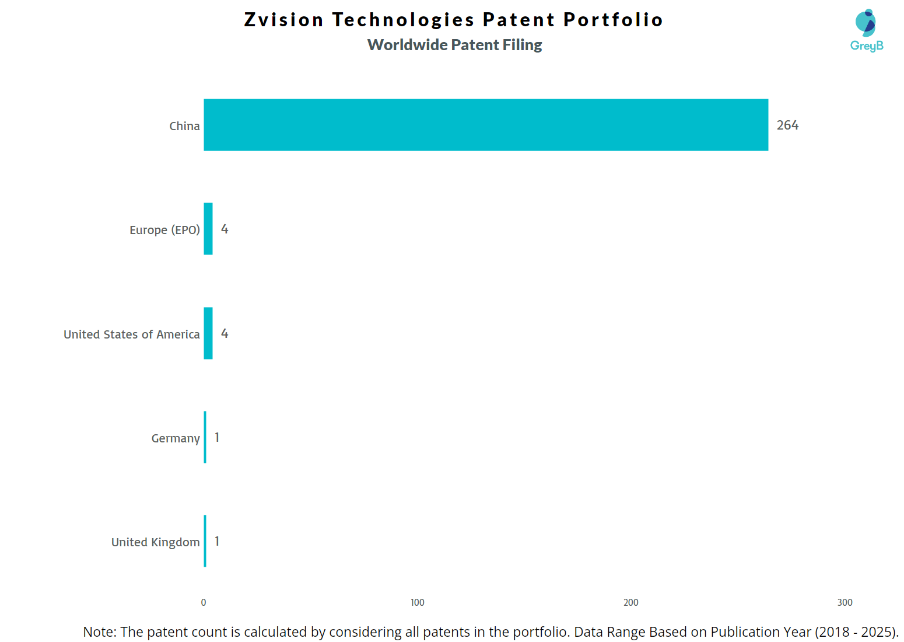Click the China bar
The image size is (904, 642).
tap(485, 125)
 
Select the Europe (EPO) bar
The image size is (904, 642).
tap(208, 229)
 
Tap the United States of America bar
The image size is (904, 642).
tap(208, 333)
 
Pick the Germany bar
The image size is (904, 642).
tap(205, 437)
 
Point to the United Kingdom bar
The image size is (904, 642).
tap(205, 541)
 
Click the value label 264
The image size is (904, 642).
tap(787, 125)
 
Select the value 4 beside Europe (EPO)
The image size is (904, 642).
tap(225, 229)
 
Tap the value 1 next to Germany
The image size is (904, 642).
tap(217, 438)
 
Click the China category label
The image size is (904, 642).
tap(184, 126)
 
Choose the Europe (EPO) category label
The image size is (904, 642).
tap(164, 230)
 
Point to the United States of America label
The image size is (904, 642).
tap(131, 334)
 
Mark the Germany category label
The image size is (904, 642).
tap(175, 438)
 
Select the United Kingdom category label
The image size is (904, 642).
tap(155, 542)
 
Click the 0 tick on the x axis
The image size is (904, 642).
tap(204, 602)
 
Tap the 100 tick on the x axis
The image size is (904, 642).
tap(418, 602)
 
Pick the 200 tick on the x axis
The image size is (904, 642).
tap(631, 602)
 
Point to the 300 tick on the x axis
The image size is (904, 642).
tap(845, 602)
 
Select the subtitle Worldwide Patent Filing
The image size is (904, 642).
tap(454, 45)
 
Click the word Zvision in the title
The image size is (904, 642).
tap(283, 20)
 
